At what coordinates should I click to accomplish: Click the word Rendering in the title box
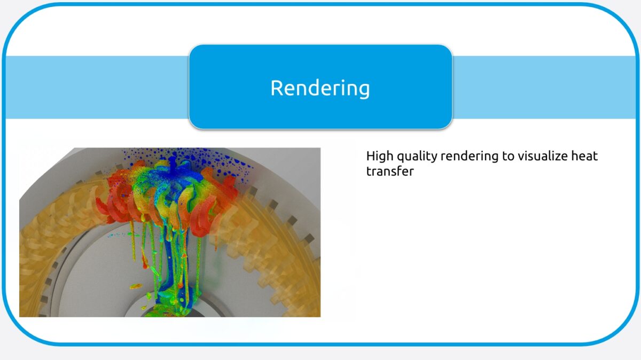(320, 88)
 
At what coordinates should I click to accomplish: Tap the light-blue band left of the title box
(96, 87)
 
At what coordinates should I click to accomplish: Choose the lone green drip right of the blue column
(199, 262)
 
